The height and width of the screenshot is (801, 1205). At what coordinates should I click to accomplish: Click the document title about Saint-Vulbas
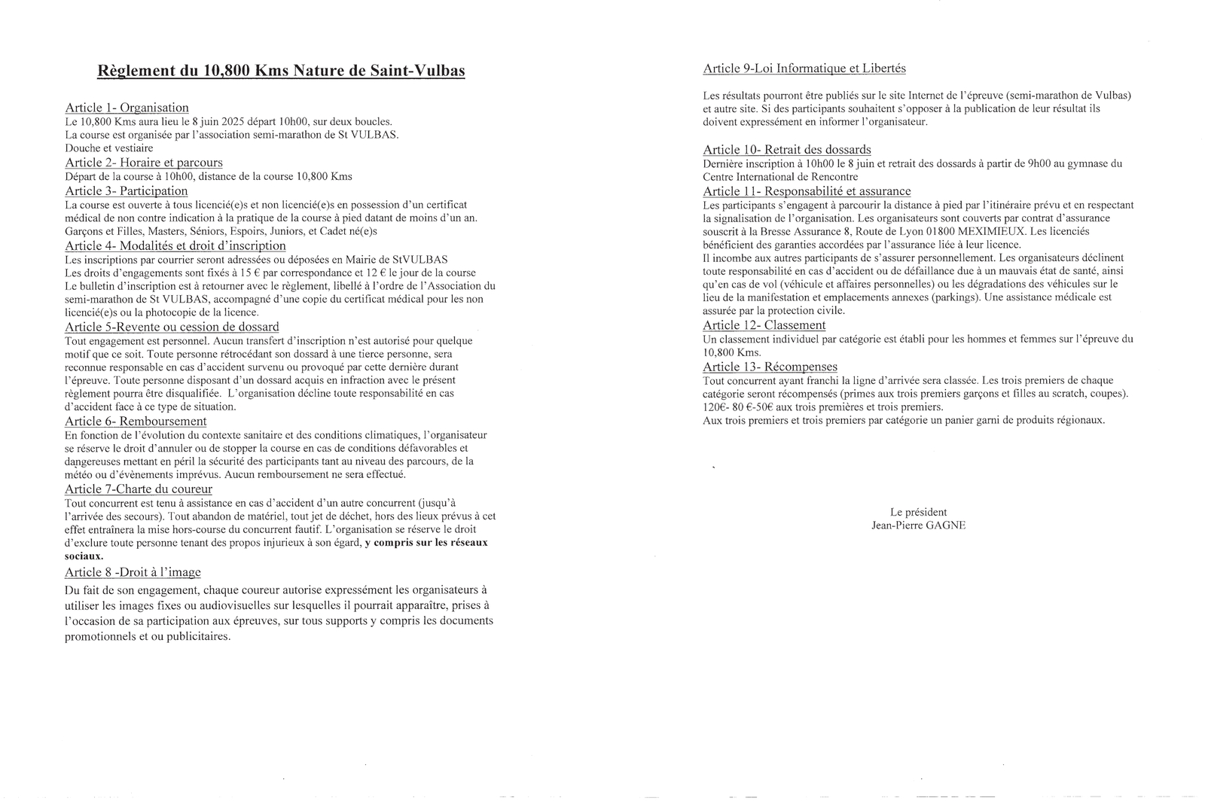[281, 72]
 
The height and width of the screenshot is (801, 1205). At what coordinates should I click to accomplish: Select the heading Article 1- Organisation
[127, 108]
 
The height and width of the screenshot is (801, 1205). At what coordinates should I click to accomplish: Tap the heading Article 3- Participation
[126, 191]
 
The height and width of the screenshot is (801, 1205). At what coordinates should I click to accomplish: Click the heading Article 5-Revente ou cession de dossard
[172, 327]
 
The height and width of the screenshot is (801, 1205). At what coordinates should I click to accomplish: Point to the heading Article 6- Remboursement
[136, 422]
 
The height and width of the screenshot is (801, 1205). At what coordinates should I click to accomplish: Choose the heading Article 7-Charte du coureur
[139, 489]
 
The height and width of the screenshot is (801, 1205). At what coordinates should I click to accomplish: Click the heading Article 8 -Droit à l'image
[133, 573]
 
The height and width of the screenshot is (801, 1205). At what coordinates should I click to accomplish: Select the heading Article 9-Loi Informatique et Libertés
[804, 69]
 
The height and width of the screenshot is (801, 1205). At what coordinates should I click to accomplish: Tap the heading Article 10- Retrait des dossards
[786, 150]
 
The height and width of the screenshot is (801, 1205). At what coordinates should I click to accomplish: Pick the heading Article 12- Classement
[764, 325]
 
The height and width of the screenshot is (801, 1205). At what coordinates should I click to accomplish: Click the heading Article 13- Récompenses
[770, 367]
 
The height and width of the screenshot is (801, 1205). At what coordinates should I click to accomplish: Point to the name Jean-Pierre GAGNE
[918, 525]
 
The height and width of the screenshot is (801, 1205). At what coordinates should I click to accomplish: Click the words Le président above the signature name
[918, 512]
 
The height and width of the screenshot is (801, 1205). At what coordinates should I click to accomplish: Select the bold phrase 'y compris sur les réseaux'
[426, 543]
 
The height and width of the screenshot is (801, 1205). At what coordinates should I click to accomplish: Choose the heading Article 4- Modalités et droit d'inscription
[175, 245]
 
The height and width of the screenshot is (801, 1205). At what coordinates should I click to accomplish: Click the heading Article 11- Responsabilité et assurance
[807, 191]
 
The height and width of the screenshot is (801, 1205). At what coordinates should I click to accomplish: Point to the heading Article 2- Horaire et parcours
[143, 163]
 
